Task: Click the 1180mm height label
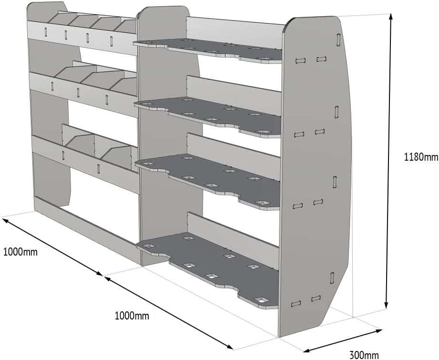(420, 156)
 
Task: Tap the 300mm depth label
(364, 354)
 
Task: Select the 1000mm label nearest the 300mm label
(132, 316)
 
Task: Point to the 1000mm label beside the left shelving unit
(20, 252)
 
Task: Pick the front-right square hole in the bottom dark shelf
(260, 299)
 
